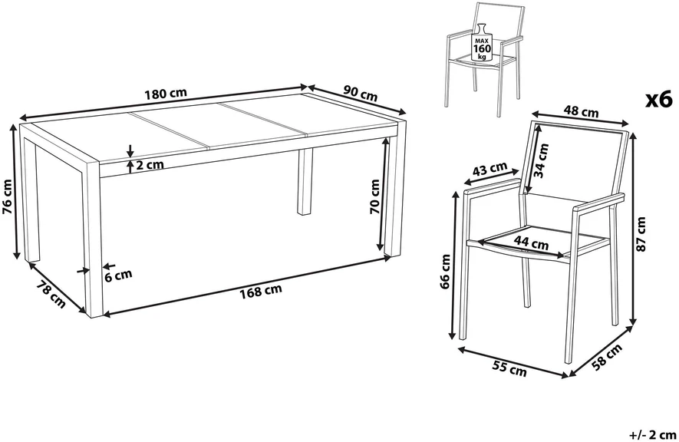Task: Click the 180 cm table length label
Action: pos(166,93)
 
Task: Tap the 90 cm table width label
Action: pos(361,93)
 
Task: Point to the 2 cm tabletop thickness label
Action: pos(150,164)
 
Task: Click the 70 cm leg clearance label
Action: pos(374,196)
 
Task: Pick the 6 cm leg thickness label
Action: pos(118,275)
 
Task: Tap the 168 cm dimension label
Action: pos(261,291)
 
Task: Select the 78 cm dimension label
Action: pos(51,295)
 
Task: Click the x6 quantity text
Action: pos(658,100)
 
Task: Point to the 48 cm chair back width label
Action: pos(581,112)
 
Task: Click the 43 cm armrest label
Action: pos(489,168)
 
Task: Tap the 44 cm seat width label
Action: pos(532,242)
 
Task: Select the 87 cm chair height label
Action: pos(641,234)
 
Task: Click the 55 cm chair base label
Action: pos(509,368)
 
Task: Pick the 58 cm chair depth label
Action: pos(607,357)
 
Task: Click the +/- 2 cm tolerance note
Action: pos(652,434)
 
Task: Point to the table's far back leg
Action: pos(305,182)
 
